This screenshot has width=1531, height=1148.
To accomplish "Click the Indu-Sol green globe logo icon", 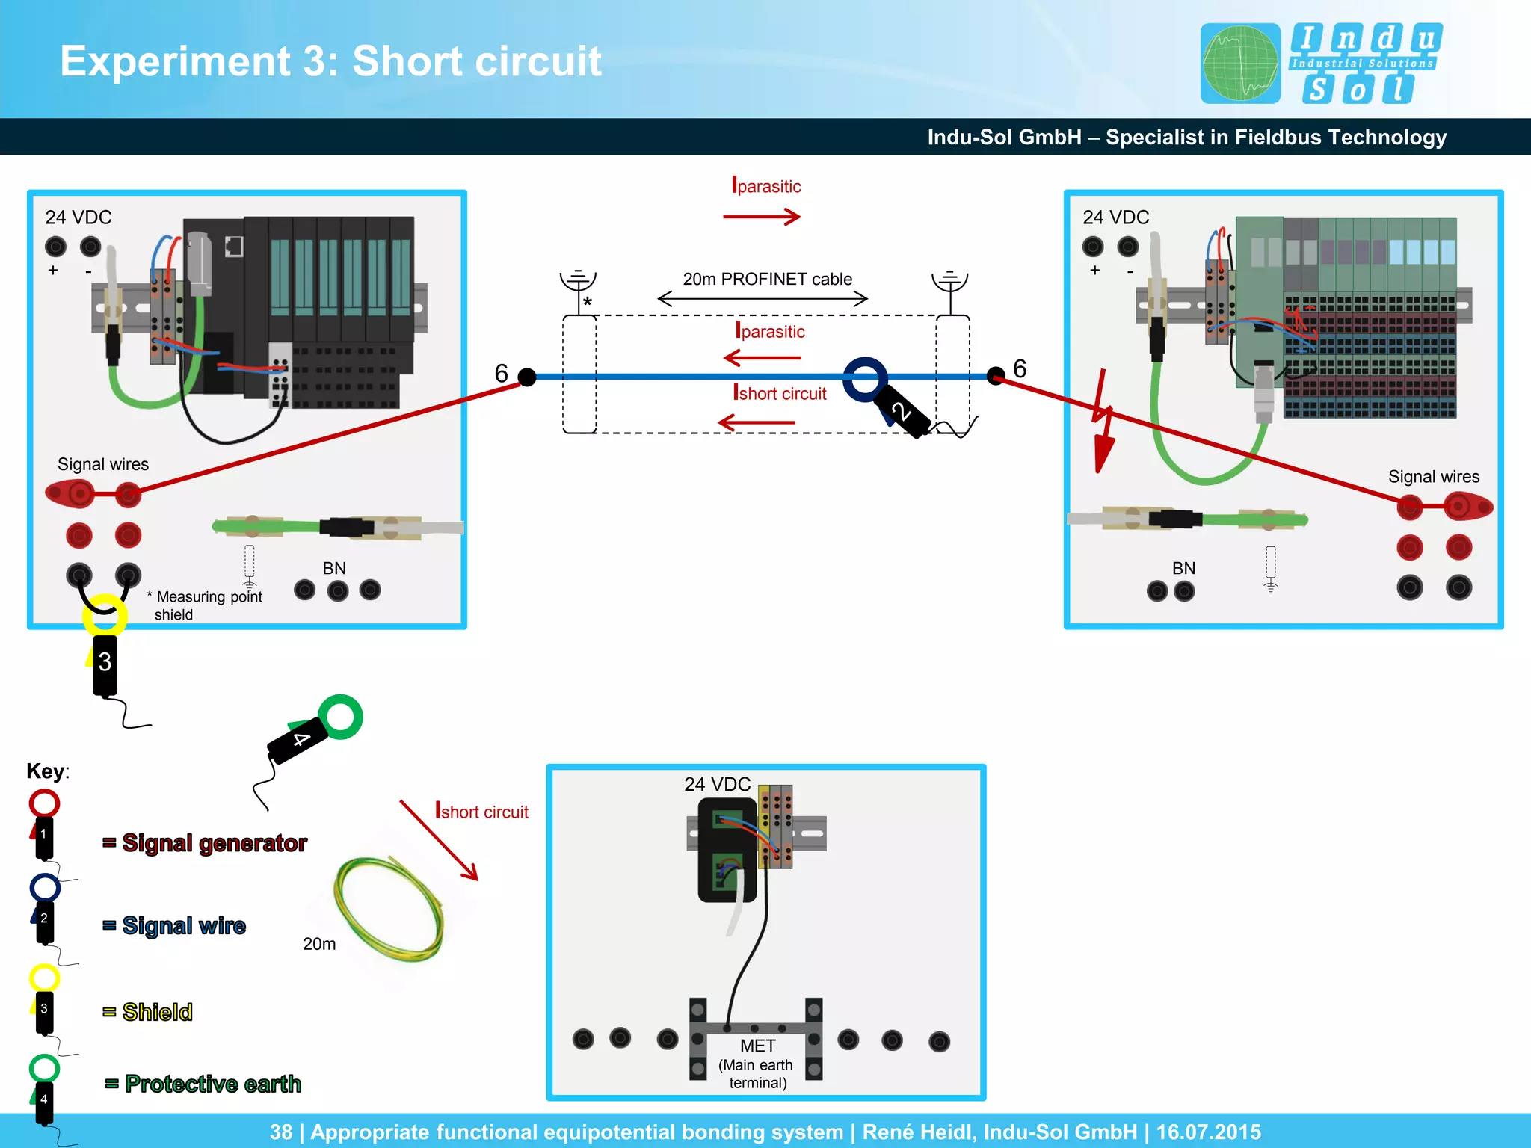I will pyautogui.click(x=1239, y=63).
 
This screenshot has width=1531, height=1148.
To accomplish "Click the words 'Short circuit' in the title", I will pyautogui.click(x=476, y=61).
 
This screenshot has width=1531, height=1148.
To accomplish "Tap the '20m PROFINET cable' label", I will pyautogui.click(x=767, y=279).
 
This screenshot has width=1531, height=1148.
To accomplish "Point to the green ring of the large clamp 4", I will pyautogui.click(x=340, y=717).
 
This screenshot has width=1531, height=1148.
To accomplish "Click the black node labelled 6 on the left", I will pyautogui.click(x=527, y=377).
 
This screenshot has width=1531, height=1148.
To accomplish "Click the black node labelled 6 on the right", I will pyautogui.click(x=996, y=375).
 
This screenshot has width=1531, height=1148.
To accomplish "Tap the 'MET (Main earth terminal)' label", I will pyautogui.click(x=757, y=1064).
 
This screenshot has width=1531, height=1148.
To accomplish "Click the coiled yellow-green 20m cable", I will pyautogui.click(x=389, y=908).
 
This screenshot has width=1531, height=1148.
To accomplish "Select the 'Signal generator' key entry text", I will pyautogui.click(x=215, y=843).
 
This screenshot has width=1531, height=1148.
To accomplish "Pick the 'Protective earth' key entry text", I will pyautogui.click(x=213, y=1084).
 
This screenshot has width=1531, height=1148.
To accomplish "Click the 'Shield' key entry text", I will pyautogui.click(x=158, y=1012).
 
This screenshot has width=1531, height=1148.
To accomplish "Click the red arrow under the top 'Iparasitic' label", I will pyautogui.click(x=762, y=217).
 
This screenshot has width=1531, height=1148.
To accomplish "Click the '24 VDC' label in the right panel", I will pyautogui.click(x=1115, y=217).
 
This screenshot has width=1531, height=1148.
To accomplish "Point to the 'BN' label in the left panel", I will pyautogui.click(x=334, y=568).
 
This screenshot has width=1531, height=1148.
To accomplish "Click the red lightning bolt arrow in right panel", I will pyautogui.click(x=1102, y=422).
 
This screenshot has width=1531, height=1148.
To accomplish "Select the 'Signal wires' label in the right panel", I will pyautogui.click(x=1433, y=477).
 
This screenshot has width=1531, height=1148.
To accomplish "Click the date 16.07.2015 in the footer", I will pyautogui.click(x=1208, y=1132).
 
